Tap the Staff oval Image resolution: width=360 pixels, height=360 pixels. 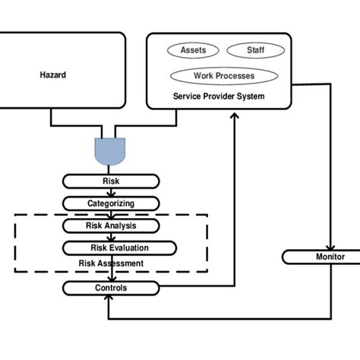coord(255,50)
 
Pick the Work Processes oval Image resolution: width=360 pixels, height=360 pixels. coord(223,76)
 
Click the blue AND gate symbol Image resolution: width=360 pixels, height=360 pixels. coord(111,150)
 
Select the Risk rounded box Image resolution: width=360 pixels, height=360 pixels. coord(111,181)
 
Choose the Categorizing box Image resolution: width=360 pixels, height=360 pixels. coord(111,204)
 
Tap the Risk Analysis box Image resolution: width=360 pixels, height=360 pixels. coord(111,226)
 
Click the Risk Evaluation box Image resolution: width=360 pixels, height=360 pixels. coord(119,248)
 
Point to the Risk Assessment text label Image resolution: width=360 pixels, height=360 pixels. coord(111,264)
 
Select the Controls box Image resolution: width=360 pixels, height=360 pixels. coord(111,288)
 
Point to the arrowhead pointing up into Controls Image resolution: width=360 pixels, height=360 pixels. coord(111,298)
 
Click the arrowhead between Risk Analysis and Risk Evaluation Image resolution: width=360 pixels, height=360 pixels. coord(111,238)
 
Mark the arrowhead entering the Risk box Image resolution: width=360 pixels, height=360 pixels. coord(111,171)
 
